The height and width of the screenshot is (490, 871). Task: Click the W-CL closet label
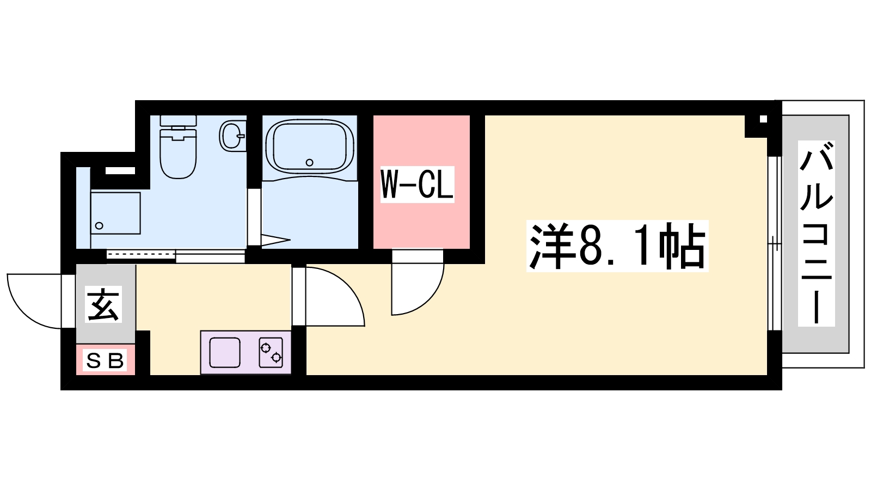[x=417, y=185]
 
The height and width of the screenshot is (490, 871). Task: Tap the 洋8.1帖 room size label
[x=617, y=246]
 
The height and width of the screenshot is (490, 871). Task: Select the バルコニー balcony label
[x=816, y=234]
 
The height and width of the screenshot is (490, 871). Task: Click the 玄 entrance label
[x=103, y=304]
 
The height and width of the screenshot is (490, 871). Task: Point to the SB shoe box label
[x=105, y=360]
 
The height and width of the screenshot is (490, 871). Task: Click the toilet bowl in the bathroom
[x=177, y=153]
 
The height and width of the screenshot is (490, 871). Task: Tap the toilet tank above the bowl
[x=178, y=120]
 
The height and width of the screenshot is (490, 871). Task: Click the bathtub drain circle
[x=310, y=163]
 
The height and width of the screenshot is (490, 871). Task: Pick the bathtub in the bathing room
[x=310, y=146]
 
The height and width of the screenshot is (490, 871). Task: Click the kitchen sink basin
[x=225, y=352]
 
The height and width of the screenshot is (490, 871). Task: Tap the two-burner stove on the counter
[x=271, y=352]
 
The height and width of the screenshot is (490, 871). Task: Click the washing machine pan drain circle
[x=99, y=225]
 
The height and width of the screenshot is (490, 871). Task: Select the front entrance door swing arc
[x=23, y=311]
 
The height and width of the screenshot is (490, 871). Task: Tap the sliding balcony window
[x=775, y=243]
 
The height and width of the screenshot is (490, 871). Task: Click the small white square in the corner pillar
[x=763, y=119]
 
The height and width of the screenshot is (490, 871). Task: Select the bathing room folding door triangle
[x=276, y=240]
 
